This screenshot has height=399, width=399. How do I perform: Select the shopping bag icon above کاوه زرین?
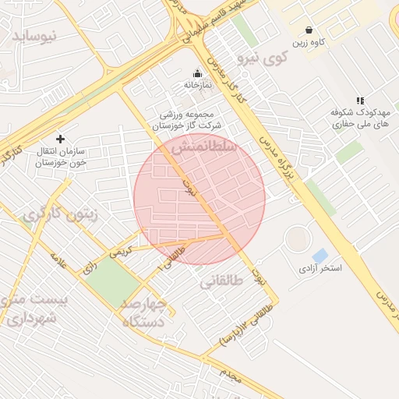[x=309, y=30]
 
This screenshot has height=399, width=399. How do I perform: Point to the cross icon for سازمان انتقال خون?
[x=60, y=139]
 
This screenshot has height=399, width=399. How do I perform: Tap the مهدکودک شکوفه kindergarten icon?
[x=359, y=101]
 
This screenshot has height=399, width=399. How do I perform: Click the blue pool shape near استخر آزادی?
[x=320, y=256]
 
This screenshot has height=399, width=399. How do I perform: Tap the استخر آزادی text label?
[x=320, y=269]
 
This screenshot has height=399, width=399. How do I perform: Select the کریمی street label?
[x=121, y=252]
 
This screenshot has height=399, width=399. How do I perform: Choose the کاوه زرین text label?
[x=310, y=42]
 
